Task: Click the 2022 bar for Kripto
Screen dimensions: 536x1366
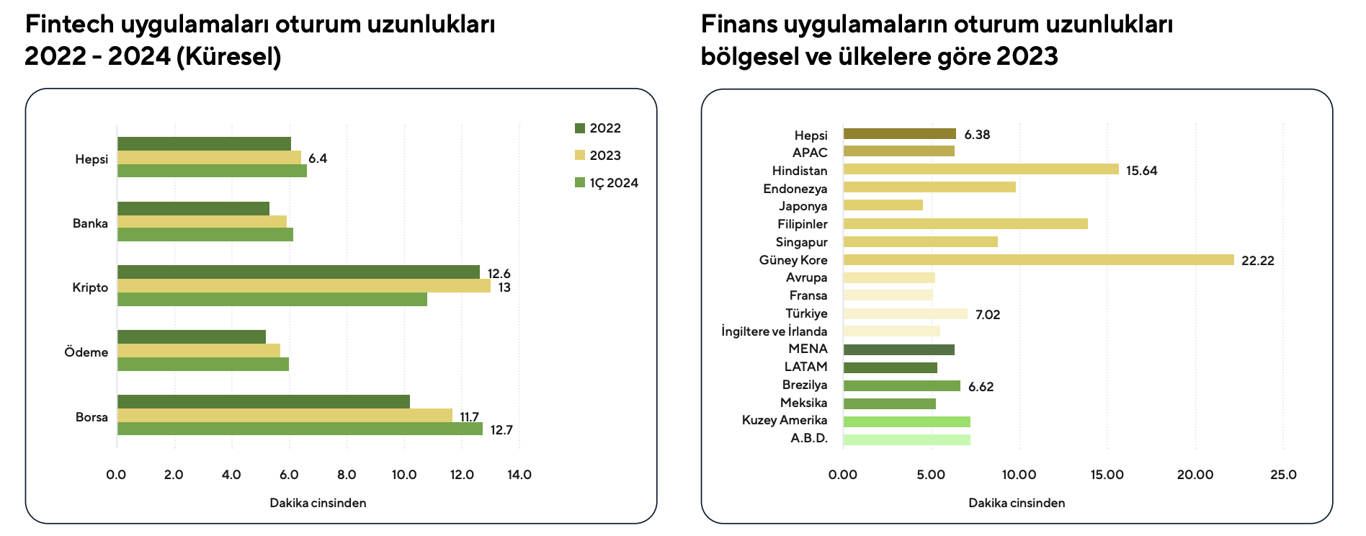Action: tap(298, 272)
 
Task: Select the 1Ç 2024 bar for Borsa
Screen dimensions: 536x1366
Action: tap(300, 429)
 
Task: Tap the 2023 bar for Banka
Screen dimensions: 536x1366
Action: tap(202, 222)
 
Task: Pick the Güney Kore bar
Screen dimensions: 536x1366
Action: tap(1038, 260)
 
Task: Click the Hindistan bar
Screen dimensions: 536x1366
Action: tap(981, 170)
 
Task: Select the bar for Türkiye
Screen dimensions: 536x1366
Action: tap(905, 314)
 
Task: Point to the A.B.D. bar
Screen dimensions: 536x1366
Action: tap(906, 439)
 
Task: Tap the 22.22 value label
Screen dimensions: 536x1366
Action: tap(1257, 261)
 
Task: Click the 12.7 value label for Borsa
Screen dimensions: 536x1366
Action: tap(501, 431)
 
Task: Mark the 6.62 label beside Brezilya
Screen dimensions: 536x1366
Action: tap(981, 387)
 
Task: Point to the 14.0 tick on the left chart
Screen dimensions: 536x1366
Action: tap(519, 475)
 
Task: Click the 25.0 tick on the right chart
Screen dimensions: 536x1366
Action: tap(1283, 475)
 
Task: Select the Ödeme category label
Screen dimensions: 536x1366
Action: tap(86, 352)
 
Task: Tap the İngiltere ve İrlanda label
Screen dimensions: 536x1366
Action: tap(774, 331)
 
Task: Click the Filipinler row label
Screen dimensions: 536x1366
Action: tap(802, 224)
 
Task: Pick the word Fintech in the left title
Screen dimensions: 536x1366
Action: tap(70, 24)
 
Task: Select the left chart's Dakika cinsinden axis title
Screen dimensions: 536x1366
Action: tap(318, 503)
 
